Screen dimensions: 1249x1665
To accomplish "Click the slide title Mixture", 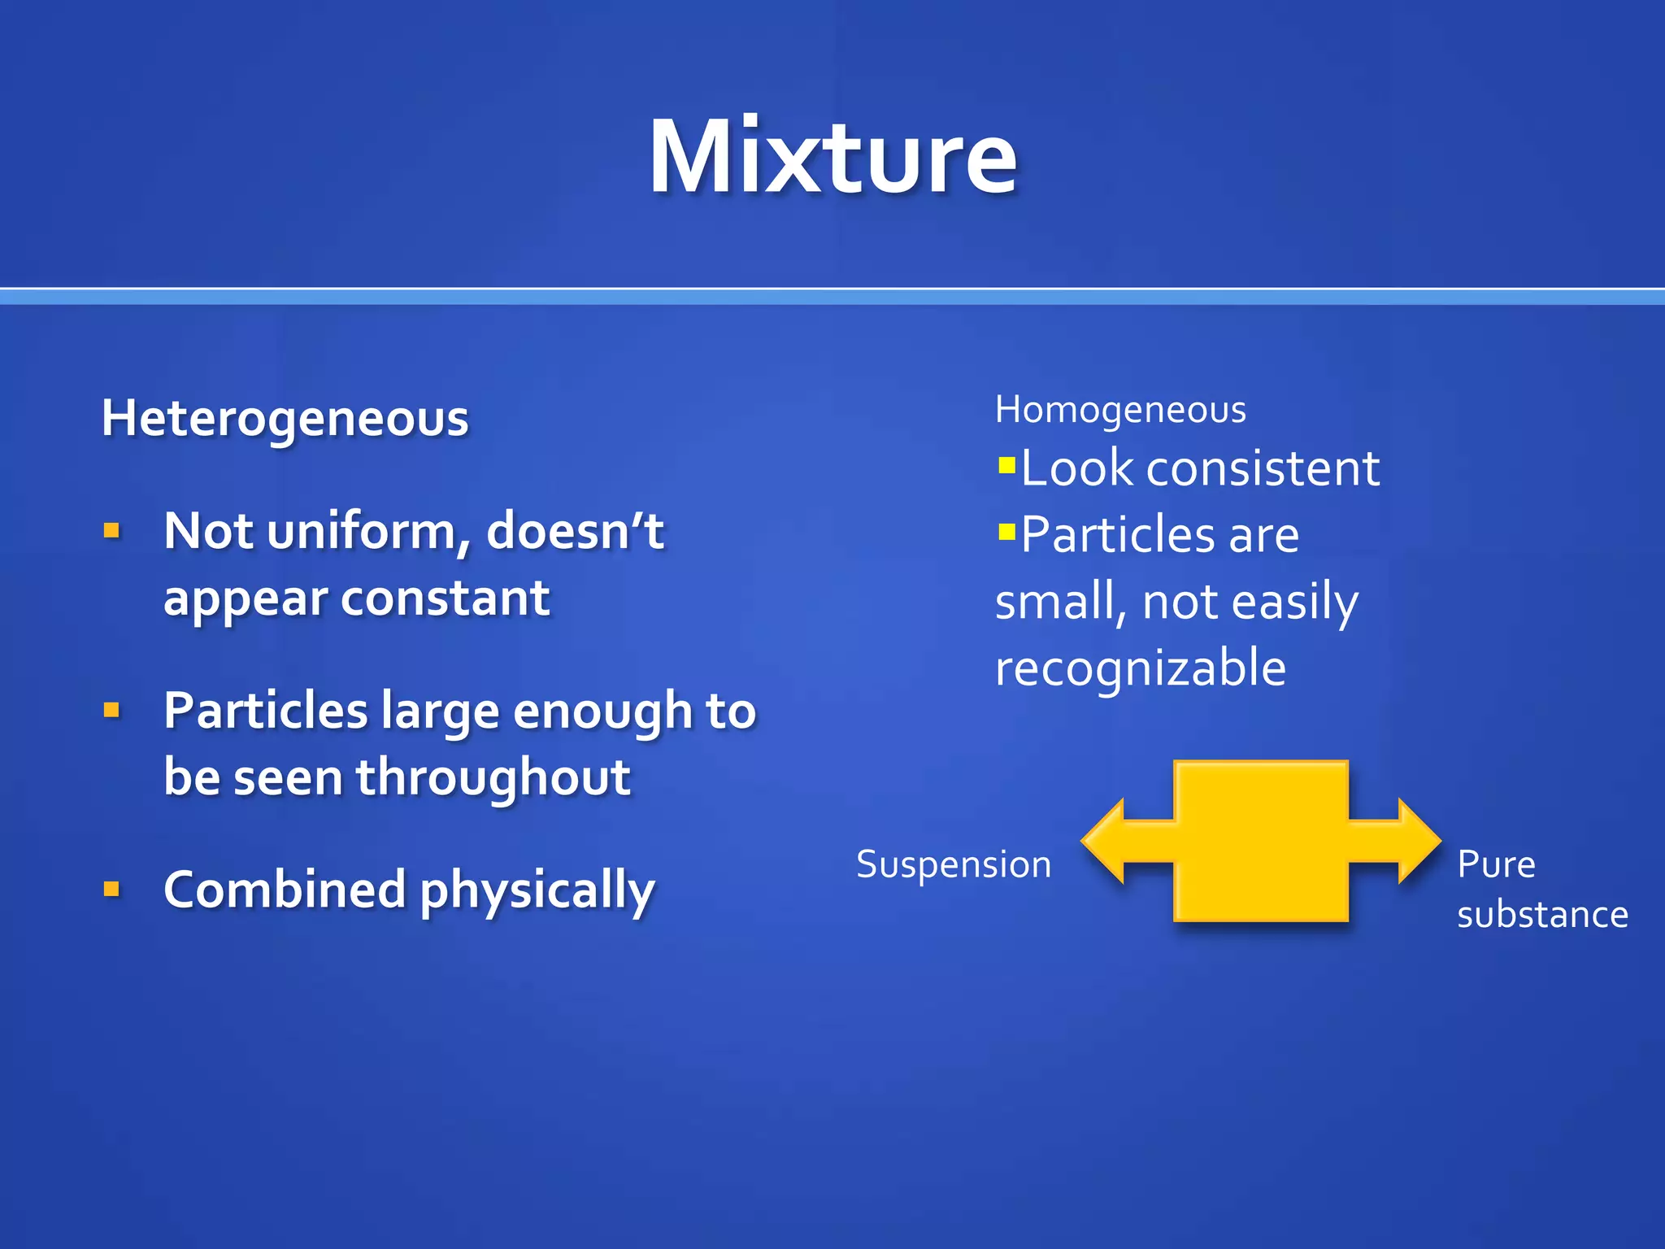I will [x=832, y=156].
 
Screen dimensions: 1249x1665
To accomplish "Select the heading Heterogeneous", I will [x=285, y=419].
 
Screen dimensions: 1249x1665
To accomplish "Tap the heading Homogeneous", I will [x=1120, y=409].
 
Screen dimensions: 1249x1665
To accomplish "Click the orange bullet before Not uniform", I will [x=112, y=532].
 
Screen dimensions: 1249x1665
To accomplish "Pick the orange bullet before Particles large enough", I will [x=112, y=711].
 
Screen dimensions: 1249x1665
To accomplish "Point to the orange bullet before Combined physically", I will [x=112, y=889].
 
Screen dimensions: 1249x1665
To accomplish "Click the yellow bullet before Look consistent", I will [x=1006, y=466].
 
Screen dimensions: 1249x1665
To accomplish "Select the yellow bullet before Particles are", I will [x=1006, y=533].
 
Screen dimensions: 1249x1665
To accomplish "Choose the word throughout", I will [x=493, y=777].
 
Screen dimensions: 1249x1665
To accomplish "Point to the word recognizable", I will [x=1140, y=668].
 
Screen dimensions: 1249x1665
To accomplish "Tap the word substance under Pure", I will [x=1542, y=915].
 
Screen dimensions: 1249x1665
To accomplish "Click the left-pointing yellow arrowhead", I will [x=1106, y=841].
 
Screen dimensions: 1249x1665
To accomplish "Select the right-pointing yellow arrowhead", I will [x=1419, y=841].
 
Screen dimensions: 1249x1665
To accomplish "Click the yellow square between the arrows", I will [x=1261, y=841].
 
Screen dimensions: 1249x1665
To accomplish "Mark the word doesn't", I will [x=575, y=532].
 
